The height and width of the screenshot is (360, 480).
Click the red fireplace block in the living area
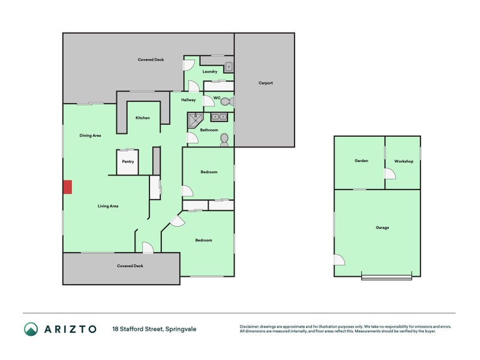(68, 187)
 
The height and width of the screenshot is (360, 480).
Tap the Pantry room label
(128, 161)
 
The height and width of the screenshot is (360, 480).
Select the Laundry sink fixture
(229, 67)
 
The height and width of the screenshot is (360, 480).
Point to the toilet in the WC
(227, 101)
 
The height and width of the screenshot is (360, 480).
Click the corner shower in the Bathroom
(194, 119)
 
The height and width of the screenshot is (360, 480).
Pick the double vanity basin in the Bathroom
(219, 117)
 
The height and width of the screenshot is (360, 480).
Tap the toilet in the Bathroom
(224, 140)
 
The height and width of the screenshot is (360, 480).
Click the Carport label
(265, 83)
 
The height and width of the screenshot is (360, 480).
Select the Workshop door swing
(391, 174)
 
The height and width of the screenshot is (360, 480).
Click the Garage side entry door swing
(339, 260)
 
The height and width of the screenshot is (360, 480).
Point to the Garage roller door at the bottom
(386, 277)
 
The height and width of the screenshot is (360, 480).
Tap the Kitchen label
(143, 118)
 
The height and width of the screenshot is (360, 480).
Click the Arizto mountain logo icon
(31, 329)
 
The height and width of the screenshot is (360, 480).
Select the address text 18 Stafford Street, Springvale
(154, 329)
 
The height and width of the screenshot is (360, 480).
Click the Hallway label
(188, 100)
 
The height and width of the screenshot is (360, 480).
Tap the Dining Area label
(91, 136)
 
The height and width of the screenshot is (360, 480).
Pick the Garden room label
(361, 160)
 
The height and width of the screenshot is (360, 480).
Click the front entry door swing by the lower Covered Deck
(148, 248)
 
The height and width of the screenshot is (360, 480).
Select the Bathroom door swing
(193, 138)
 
